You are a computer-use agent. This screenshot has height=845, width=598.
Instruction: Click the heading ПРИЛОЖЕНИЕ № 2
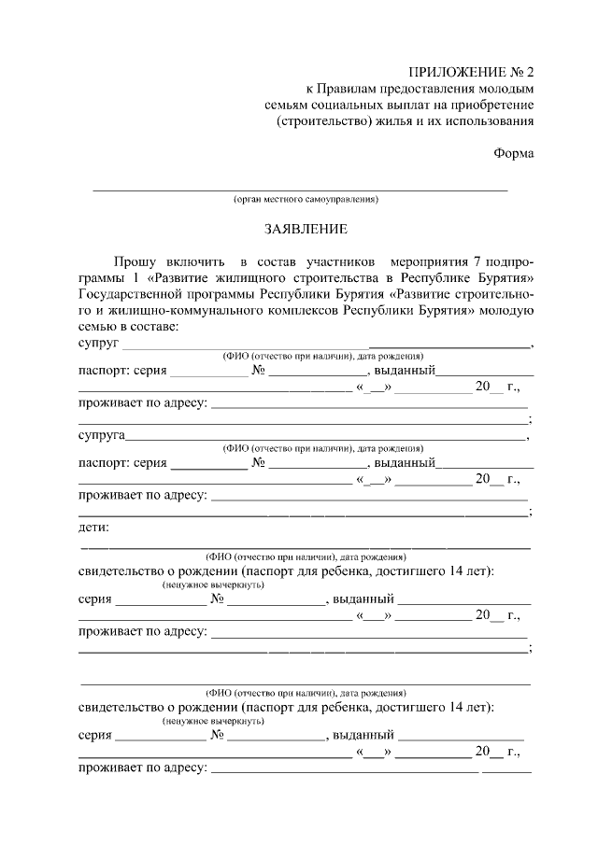click(x=472, y=71)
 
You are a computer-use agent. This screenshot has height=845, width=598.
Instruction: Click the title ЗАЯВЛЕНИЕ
click(x=305, y=229)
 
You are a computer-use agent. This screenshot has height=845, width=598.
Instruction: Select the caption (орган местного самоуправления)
click(x=306, y=200)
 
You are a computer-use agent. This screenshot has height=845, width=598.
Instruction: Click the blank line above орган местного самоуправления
click(x=299, y=190)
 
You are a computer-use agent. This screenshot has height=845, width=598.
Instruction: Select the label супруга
click(x=101, y=435)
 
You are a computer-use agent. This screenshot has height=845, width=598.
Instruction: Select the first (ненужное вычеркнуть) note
click(x=212, y=585)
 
